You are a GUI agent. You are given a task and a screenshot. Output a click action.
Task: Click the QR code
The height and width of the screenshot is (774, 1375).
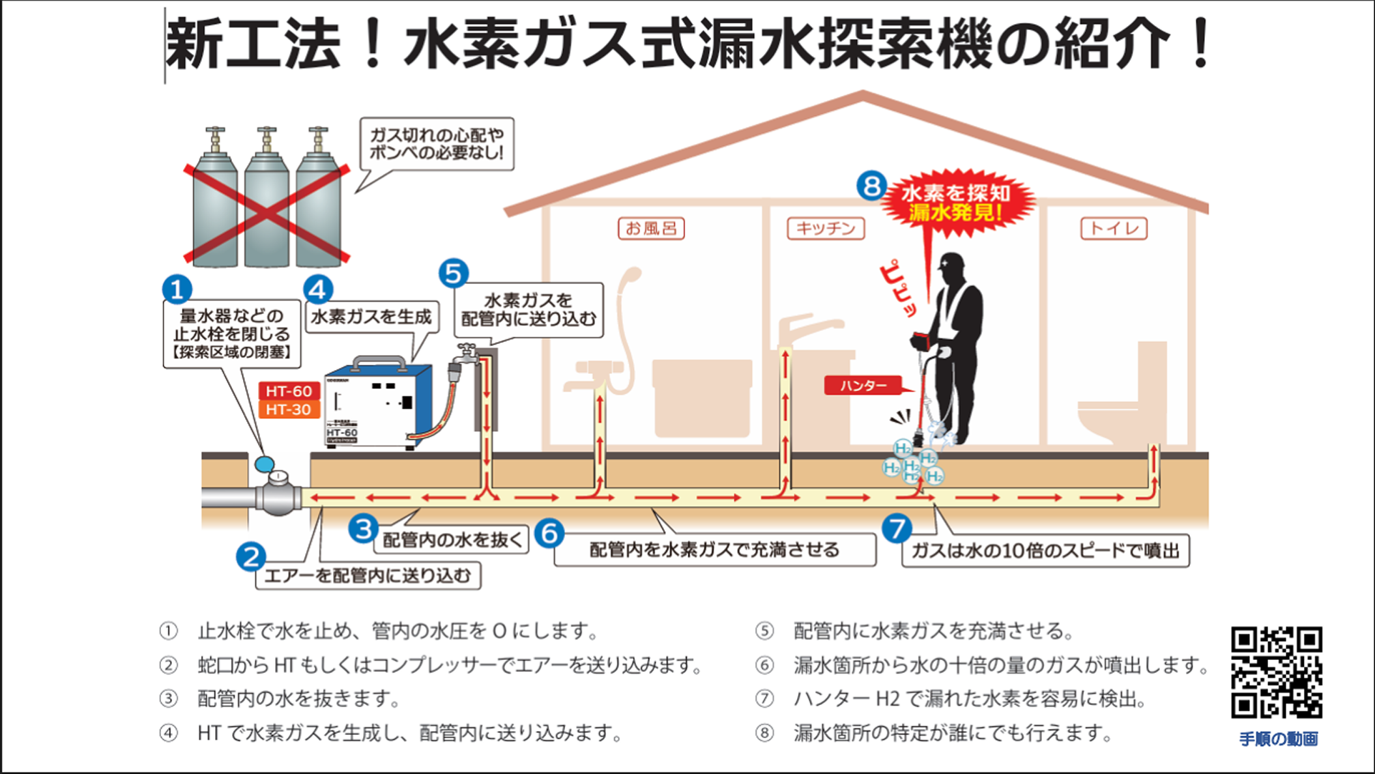[x=1276, y=672]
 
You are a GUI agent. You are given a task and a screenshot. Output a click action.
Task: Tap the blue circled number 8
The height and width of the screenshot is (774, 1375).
[x=871, y=186]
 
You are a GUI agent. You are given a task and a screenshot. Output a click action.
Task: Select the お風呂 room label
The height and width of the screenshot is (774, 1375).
[x=651, y=229]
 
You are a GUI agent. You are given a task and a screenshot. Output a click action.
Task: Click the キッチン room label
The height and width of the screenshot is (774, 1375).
[x=826, y=229]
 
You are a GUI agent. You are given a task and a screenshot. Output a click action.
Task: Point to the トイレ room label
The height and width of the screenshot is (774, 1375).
[x=1114, y=229]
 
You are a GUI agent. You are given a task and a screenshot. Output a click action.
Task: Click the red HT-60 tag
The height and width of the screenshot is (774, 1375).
[x=289, y=391]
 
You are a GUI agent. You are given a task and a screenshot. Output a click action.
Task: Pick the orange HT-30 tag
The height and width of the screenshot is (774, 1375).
[x=289, y=410]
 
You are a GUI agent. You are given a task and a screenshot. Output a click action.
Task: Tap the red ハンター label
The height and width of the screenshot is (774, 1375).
[x=863, y=386]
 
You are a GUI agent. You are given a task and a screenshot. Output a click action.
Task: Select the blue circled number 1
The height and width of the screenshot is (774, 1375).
[x=177, y=289]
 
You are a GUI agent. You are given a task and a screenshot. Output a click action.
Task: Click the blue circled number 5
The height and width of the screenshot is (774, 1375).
[x=454, y=274]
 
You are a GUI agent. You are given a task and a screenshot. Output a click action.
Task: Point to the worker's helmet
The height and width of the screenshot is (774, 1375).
[x=952, y=262]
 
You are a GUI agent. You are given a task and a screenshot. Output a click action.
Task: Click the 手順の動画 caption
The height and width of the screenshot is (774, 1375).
[x=1278, y=739]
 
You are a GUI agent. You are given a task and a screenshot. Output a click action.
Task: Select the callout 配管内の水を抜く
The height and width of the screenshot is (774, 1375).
[x=452, y=540]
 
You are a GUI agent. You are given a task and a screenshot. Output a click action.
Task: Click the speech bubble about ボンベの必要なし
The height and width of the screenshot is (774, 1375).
[x=437, y=144]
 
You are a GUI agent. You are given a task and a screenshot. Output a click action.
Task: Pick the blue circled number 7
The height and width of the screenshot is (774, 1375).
[x=897, y=528]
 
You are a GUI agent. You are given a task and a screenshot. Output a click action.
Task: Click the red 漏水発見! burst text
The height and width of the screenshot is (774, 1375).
[x=956, y=212]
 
